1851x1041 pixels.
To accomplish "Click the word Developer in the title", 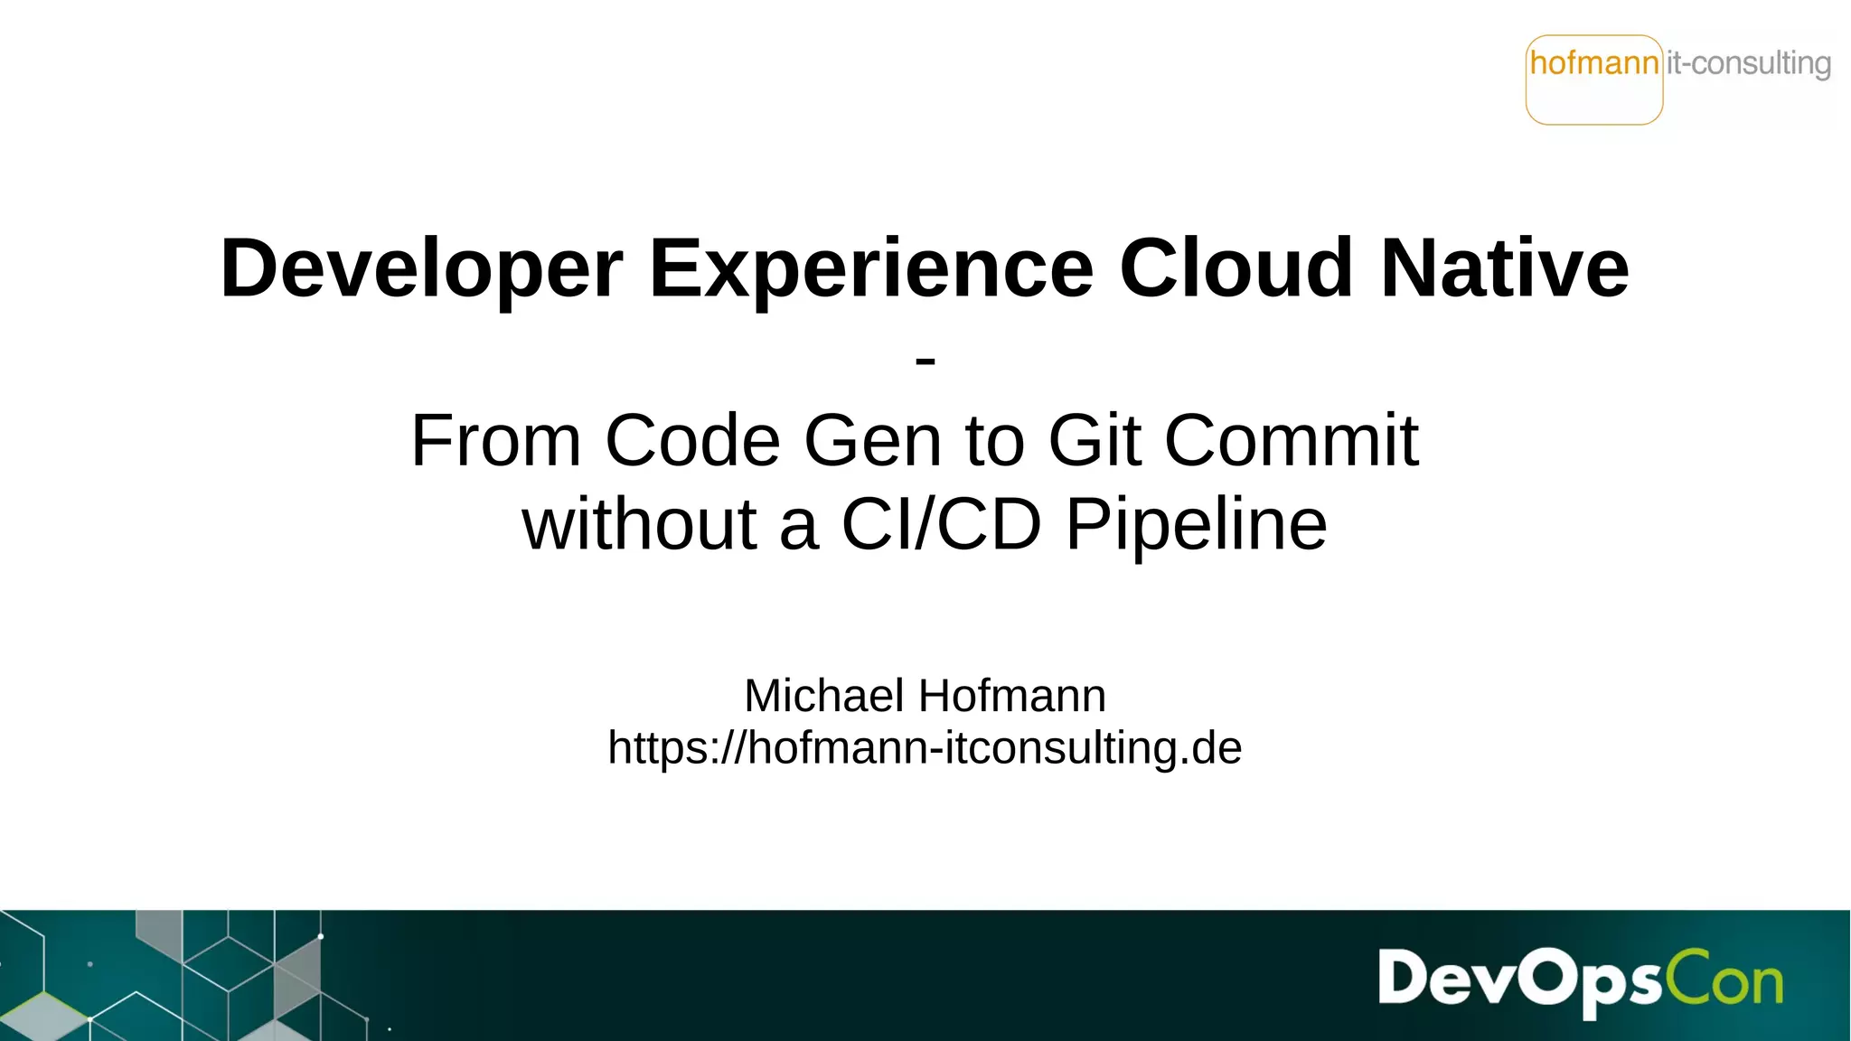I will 421,268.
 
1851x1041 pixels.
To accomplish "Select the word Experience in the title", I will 871,268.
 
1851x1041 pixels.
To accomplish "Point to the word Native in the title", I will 1505,268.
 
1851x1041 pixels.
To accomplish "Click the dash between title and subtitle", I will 925,361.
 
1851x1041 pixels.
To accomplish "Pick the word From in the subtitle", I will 495,441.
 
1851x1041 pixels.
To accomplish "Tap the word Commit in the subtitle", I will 1291,441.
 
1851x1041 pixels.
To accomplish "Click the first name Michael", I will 823,696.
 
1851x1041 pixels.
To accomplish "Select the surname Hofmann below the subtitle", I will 1012,696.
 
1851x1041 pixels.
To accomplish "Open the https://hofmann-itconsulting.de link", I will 925,748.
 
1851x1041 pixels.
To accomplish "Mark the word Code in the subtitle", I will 692,441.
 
